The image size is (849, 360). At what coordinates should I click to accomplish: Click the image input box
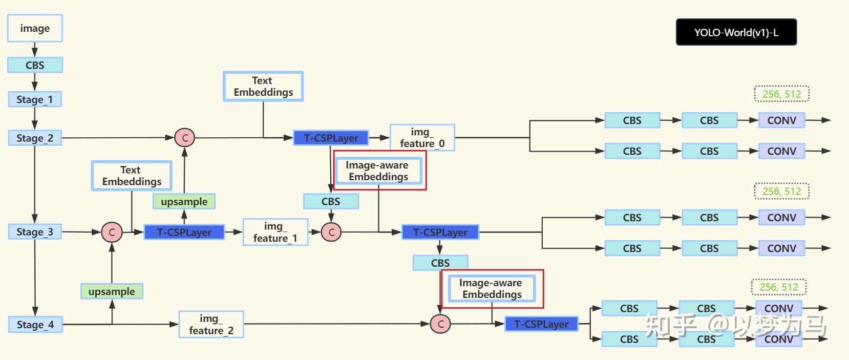coord(35,28)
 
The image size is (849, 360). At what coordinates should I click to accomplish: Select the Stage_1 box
coord(35,99)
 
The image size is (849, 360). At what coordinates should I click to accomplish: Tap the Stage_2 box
coord(35,138)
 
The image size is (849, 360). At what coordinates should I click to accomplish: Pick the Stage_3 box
coord(35,232)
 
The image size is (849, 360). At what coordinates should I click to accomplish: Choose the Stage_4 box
coord(35,324)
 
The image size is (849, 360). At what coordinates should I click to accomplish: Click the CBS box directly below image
coord(35,65)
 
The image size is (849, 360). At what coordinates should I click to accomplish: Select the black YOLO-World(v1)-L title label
coord(736,32)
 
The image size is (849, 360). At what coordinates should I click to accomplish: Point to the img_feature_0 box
coord(422,138)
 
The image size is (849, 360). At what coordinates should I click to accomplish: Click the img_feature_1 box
coord(275,232)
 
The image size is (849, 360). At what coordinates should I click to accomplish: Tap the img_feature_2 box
coord(211,324)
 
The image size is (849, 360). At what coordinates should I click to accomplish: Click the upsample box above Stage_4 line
coord(112,292)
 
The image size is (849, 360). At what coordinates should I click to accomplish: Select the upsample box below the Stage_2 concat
coord(184,201)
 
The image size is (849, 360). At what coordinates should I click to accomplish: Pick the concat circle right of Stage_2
coord(185,138)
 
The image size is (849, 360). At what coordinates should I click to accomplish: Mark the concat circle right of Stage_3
coord(112,232)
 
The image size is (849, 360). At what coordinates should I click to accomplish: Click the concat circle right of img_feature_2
coord(440,324)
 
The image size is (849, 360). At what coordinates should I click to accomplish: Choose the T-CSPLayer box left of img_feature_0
coord(331,138)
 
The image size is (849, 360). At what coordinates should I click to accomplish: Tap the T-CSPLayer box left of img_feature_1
coord(184,232)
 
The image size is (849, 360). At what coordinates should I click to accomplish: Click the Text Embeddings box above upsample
coord(131,176)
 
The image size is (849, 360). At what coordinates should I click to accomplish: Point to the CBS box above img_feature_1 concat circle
coord(331,201)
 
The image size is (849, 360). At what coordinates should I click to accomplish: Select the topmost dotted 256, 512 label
coord(782,94)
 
